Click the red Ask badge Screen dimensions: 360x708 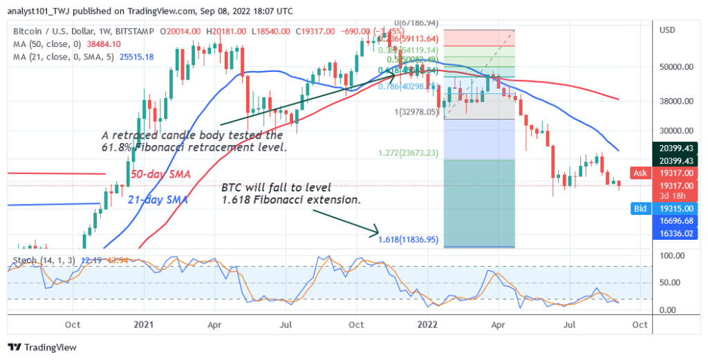(x=640, y=173)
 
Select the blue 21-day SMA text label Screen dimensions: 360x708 (x=158, y=200)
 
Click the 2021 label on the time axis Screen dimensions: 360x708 (x=144, y=323)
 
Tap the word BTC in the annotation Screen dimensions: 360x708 (x=233, y=187)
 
